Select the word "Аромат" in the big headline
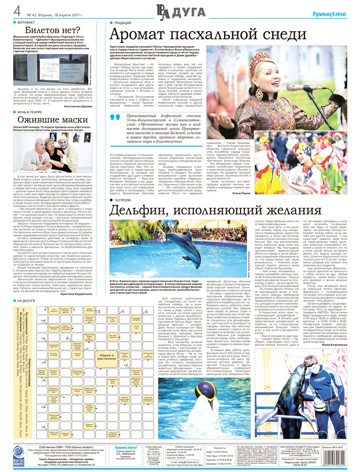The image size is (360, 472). click(141, 34)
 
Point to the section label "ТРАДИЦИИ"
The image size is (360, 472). click(122, 22)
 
